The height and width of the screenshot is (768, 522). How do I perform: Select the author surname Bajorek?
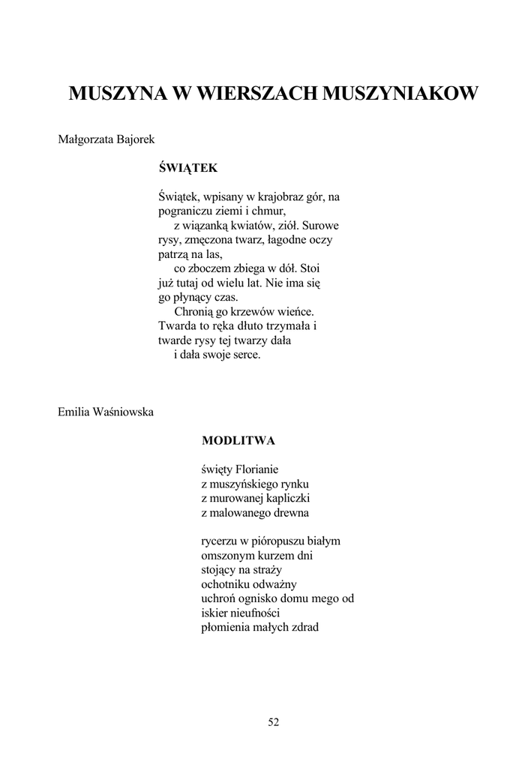[136, 139]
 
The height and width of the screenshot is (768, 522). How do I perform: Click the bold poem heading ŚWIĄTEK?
[188, 169]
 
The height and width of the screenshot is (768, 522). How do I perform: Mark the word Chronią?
[193, 311]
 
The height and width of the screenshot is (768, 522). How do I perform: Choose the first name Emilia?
[74, 411]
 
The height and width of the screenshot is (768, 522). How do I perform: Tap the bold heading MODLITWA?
[238, 440]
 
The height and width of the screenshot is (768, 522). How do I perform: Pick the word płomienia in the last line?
[227, 627]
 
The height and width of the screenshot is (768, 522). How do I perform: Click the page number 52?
[273, 722]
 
